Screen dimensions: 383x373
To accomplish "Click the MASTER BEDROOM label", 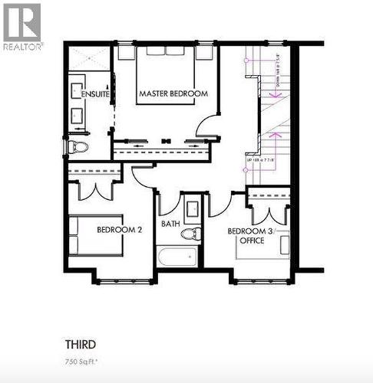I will click(x=173, y=93).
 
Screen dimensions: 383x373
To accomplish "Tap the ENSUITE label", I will click(x=97, y=93).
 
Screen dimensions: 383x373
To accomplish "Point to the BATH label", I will click(x=170, y=224).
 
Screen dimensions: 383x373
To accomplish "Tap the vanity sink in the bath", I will click(x=192, y=207).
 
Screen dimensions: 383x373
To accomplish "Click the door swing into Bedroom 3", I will click(x=220, y=203).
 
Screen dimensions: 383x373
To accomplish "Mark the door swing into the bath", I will click(x=170, y=203).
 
